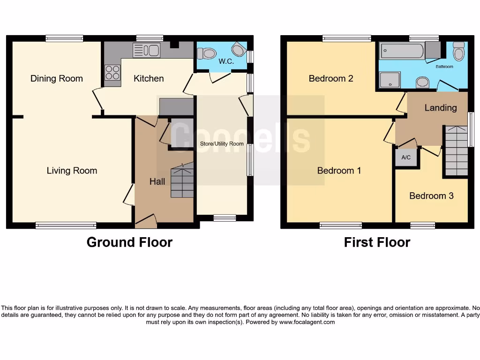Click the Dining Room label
[x=56, y=78]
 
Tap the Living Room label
[x=72, y=171]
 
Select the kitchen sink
[x=146, y=50]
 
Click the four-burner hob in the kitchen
[x=112, y=73]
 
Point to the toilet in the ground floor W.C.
[x=206, y=53]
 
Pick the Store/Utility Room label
[x=222, y=144]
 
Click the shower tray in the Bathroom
[x=390, y=80]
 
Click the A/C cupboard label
[x=406, y=157]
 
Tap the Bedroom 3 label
[x=431, y=195]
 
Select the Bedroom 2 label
[x=331, y=78]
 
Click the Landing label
[x=440, y=107]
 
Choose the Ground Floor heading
[x=129, y=242]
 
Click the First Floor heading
[x=377, y=242]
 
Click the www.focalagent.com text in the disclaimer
[x=307, y=322]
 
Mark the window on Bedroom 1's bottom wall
[x=341, y=225]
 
